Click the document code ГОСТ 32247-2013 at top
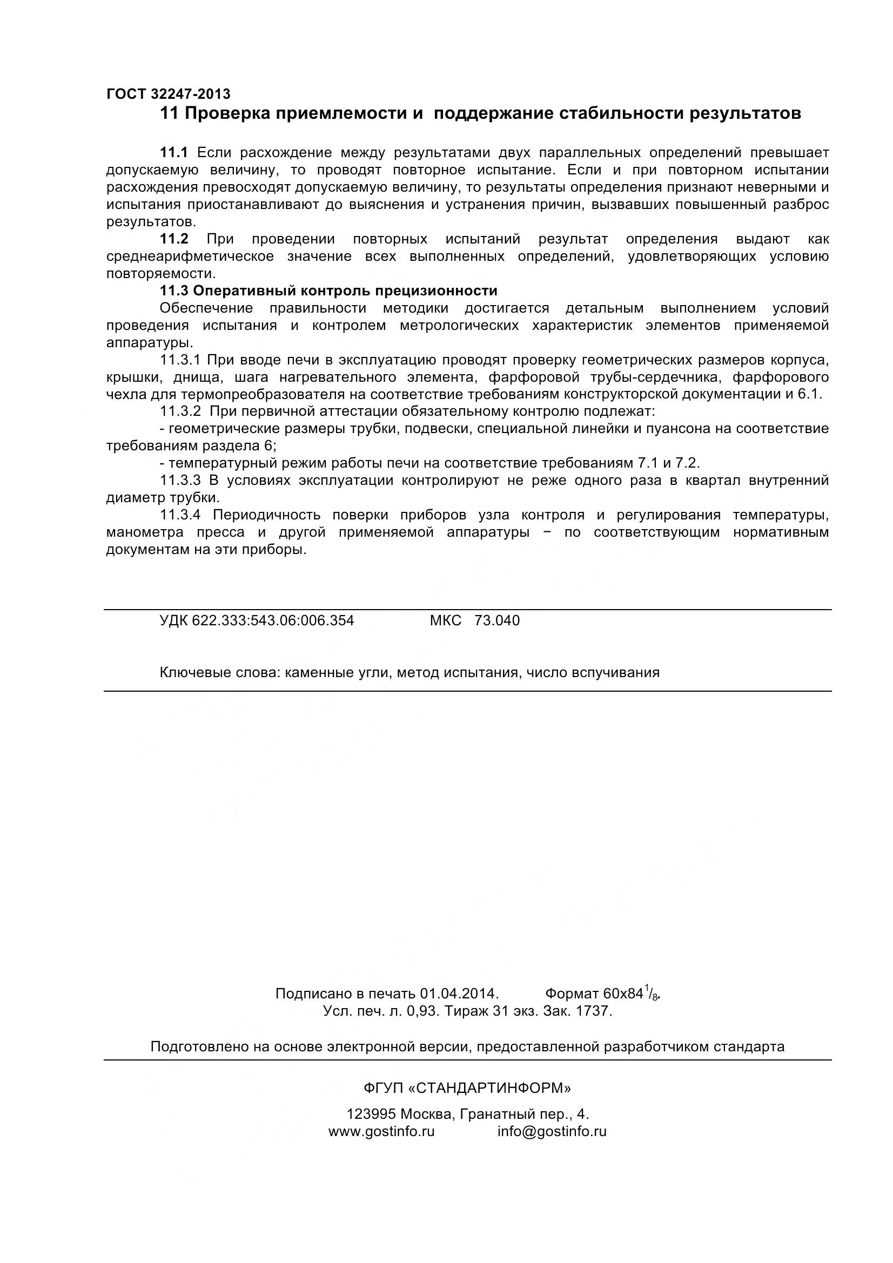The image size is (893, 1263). pos(169,94)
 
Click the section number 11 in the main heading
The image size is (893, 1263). pos(169,114)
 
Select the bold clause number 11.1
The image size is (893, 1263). pos(174,152)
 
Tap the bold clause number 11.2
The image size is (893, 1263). pos(174,239)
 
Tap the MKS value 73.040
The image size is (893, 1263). pos(497,620)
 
